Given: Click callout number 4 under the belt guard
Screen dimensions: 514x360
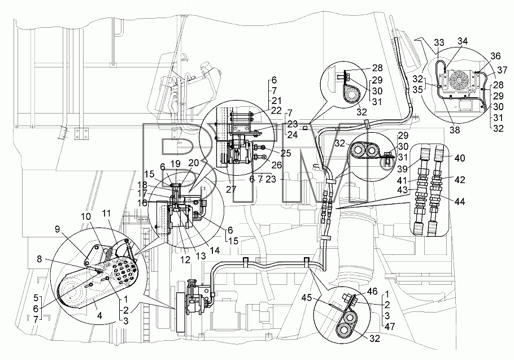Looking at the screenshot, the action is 100,315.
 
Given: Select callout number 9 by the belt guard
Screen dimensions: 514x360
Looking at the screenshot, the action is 58,229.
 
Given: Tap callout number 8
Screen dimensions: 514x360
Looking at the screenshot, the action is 40,259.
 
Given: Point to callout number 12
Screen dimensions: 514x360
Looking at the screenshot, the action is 185,260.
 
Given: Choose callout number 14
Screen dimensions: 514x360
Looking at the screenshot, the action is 215,250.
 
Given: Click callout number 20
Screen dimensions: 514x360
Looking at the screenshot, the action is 194,163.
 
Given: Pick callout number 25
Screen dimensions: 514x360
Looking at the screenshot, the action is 286,153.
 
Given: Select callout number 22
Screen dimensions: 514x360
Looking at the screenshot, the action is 276,111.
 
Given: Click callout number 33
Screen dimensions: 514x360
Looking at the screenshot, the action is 439,42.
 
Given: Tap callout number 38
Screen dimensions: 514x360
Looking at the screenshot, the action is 455,130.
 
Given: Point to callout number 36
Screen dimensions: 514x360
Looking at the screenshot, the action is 496,56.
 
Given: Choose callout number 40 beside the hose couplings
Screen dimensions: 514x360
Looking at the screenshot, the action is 460,158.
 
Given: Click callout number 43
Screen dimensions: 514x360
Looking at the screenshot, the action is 402,190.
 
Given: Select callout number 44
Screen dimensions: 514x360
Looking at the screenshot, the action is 460,202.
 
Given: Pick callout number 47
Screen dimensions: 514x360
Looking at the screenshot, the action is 390,327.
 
